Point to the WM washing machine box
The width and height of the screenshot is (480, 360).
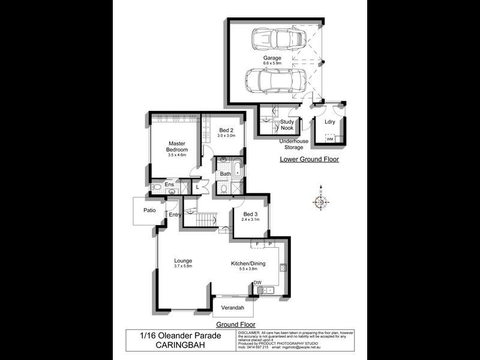tap(329, 139)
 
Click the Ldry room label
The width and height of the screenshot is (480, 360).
tap(329, 122)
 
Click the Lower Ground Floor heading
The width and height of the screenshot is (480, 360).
tap(309, 160)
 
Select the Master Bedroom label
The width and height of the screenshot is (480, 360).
tap(178, 146)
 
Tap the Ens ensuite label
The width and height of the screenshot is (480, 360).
tap(170, 185)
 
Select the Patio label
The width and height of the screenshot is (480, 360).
tap(149, 211)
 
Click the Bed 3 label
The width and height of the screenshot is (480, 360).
tap(251, 214)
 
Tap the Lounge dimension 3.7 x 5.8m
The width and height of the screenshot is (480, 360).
tap(183, 267)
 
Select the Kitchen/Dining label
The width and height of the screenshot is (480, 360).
tap(248, 263)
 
